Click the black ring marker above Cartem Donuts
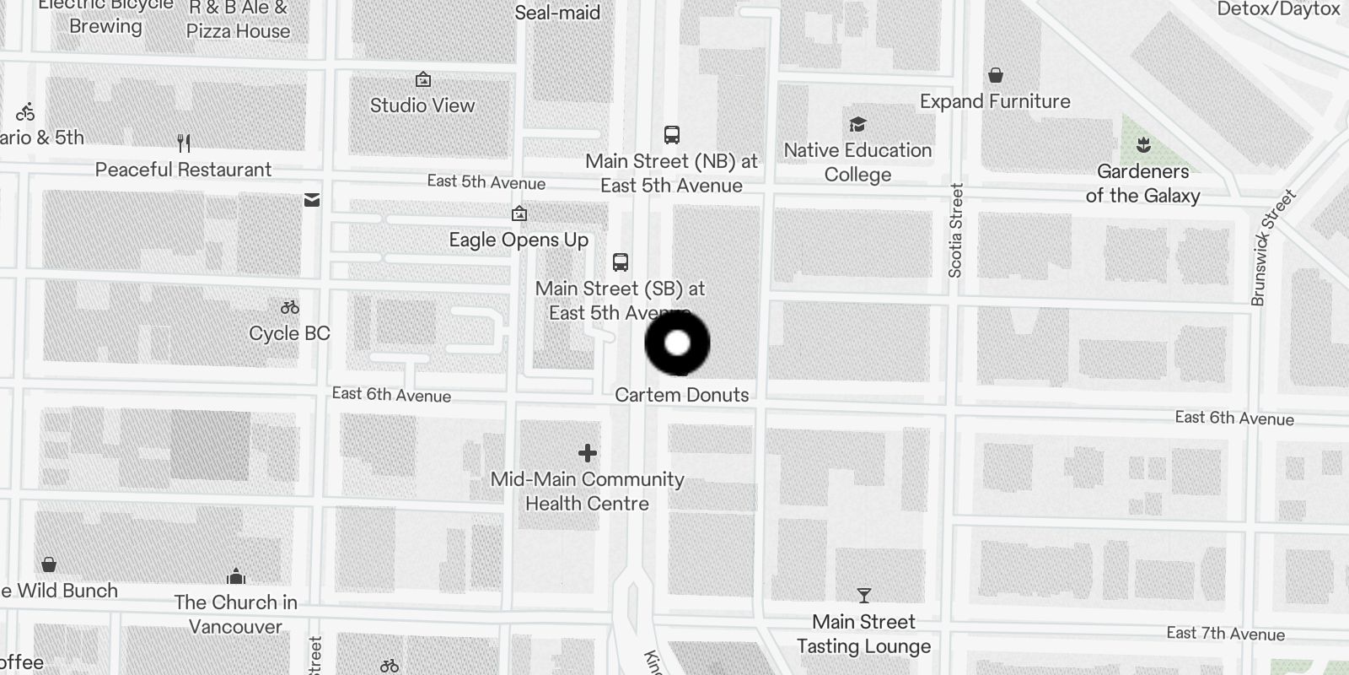(x=678, y=343)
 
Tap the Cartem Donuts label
(x=681, y=395)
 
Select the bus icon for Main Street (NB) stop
(x=672, y=135)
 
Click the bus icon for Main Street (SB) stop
(x=621, y=262)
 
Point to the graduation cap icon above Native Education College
(x=857, y=125)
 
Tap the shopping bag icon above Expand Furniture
(x=996, y=76)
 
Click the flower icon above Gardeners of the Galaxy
(x=1143, y=145)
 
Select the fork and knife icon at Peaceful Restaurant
(x=184, y=143)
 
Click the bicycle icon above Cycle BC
(x=290, y=308)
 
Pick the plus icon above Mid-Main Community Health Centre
(x=588, y=454)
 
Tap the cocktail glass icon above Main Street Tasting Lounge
(x=863, y=597)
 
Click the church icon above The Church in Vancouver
(x=236, y=577)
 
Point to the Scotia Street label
(x=955, y=230)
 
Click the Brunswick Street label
(x=1272, y=247)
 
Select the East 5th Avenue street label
(x=486, y=182)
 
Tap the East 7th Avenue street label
(x=1225, y=634)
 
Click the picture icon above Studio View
(x=423, y=80)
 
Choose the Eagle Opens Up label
(x=519, y=240)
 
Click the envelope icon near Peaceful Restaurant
(x=312, y=200)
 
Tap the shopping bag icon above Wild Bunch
(x=49, y=564)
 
